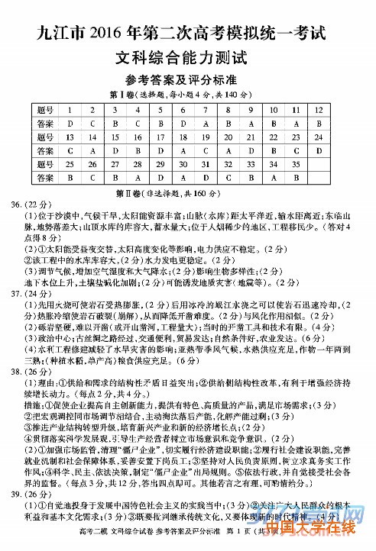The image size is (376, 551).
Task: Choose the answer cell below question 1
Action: tap(70, 124)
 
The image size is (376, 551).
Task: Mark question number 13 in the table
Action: tap(70, 137)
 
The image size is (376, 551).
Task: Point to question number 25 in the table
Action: tap(70, 164)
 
